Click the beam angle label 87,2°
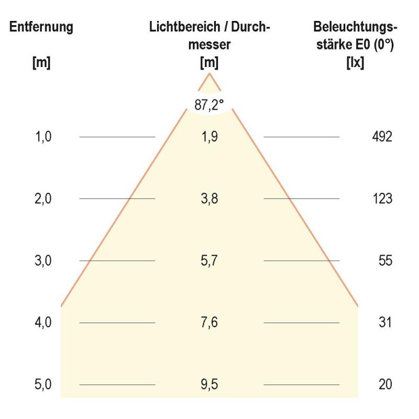210,105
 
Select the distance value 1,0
43,137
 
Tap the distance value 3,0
43,261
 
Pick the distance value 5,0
43,385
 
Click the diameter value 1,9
210,137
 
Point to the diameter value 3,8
210,199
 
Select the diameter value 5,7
210,261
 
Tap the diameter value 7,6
210,323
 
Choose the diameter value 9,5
210,385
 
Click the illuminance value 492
381,137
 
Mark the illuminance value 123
382,199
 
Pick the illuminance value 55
385,261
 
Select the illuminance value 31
385,323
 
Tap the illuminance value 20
385,385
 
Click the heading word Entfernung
41,28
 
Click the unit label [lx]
356,63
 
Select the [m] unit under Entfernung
41,63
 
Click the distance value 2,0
43,199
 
